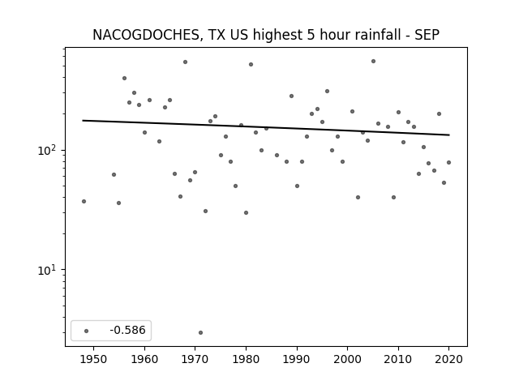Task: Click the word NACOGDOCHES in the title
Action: click(x=146, y=35)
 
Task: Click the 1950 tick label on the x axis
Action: click(x=94, y=359)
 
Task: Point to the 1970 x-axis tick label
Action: click(x=195, y=359)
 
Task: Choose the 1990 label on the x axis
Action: click(x=297, y=359)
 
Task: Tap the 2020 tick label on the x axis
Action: click(x=448, y=359)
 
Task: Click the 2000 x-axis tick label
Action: click(x=348, y=359)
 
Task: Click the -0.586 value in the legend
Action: click(x=127, y=330)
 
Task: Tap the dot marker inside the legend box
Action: click(x=86, y=331)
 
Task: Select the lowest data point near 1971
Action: click(x=200, y=333)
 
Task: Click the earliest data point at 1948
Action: click(x=84, y=202)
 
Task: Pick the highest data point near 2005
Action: click(x=373, y=62)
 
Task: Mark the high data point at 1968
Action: click(x=186, y=62)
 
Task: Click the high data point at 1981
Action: click(x=251, y=65)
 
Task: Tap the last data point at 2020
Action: click(x=448, y=162)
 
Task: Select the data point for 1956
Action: click(x=124, y=79)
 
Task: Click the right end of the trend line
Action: click(x=449, y=135)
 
